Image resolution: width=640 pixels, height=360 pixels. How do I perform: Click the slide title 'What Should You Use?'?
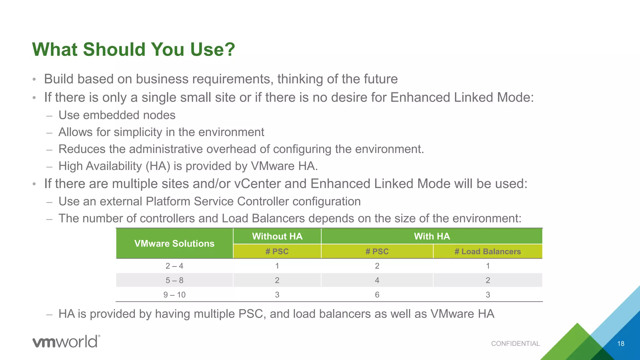pos(133,49)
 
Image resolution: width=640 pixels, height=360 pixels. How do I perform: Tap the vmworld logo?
pos(66,341)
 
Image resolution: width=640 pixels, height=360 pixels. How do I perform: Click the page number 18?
pos(621,343)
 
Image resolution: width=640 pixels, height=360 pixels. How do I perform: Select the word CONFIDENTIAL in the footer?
pos(515,343)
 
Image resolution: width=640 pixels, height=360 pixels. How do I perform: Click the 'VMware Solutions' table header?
pos(174,243)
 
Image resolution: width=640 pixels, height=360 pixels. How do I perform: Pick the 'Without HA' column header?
pos(277,236)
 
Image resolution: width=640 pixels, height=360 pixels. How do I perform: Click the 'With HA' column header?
pos(432,236)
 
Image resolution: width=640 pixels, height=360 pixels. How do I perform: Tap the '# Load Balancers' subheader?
pos(487,252)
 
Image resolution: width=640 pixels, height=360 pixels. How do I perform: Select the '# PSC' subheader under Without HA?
pos(277,252)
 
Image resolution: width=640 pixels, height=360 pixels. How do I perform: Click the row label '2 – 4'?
pos(174,266)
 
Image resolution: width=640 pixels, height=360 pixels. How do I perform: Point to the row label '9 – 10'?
pos(174,295)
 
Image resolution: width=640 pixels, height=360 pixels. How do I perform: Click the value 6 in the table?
pos(377,295)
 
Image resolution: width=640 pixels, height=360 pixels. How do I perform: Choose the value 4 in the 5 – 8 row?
pos(377,280)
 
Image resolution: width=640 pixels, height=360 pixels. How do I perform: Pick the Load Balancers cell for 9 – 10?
pos(487,295)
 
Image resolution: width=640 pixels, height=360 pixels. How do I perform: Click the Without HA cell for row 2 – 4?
pos(277,266)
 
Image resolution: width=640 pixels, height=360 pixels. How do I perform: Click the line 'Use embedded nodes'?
pos(117,115)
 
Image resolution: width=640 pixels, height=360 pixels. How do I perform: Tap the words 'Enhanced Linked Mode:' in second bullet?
pos(462,97)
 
